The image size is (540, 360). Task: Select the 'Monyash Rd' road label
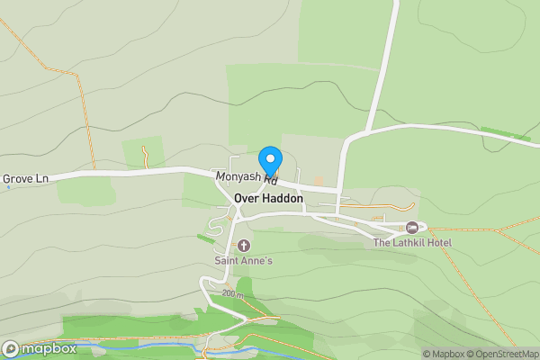tap(246, 177)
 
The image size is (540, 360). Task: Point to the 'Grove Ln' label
tap(25, 179)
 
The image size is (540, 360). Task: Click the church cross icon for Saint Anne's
tap(243, 246)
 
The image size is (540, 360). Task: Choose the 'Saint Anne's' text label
tap(243, 261)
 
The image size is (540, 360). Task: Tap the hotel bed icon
tap(412, 227)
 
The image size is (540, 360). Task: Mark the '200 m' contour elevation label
tap(233, 293)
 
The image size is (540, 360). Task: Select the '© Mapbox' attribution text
tap(444, 354)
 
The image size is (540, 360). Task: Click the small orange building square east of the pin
tap(318, 182)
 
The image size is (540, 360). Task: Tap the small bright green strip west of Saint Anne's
tap(206, 238)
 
